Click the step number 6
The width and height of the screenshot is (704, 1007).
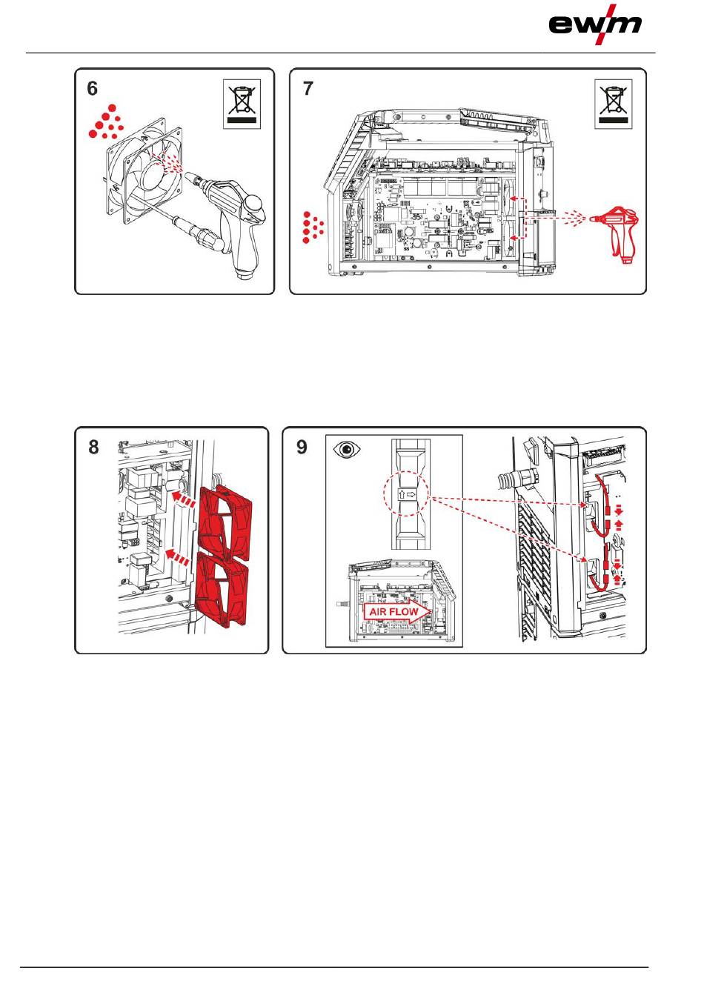92,89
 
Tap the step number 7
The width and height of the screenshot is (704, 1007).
308,89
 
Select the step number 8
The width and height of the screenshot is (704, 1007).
93,447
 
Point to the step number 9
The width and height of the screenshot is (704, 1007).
302,447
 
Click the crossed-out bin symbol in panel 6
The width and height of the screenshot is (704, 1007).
242,104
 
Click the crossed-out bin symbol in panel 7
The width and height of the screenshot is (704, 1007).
614,104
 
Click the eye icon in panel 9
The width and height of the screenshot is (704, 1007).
347,450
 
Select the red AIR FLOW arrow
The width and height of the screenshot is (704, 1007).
396,611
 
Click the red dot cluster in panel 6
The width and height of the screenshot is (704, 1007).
106,123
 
